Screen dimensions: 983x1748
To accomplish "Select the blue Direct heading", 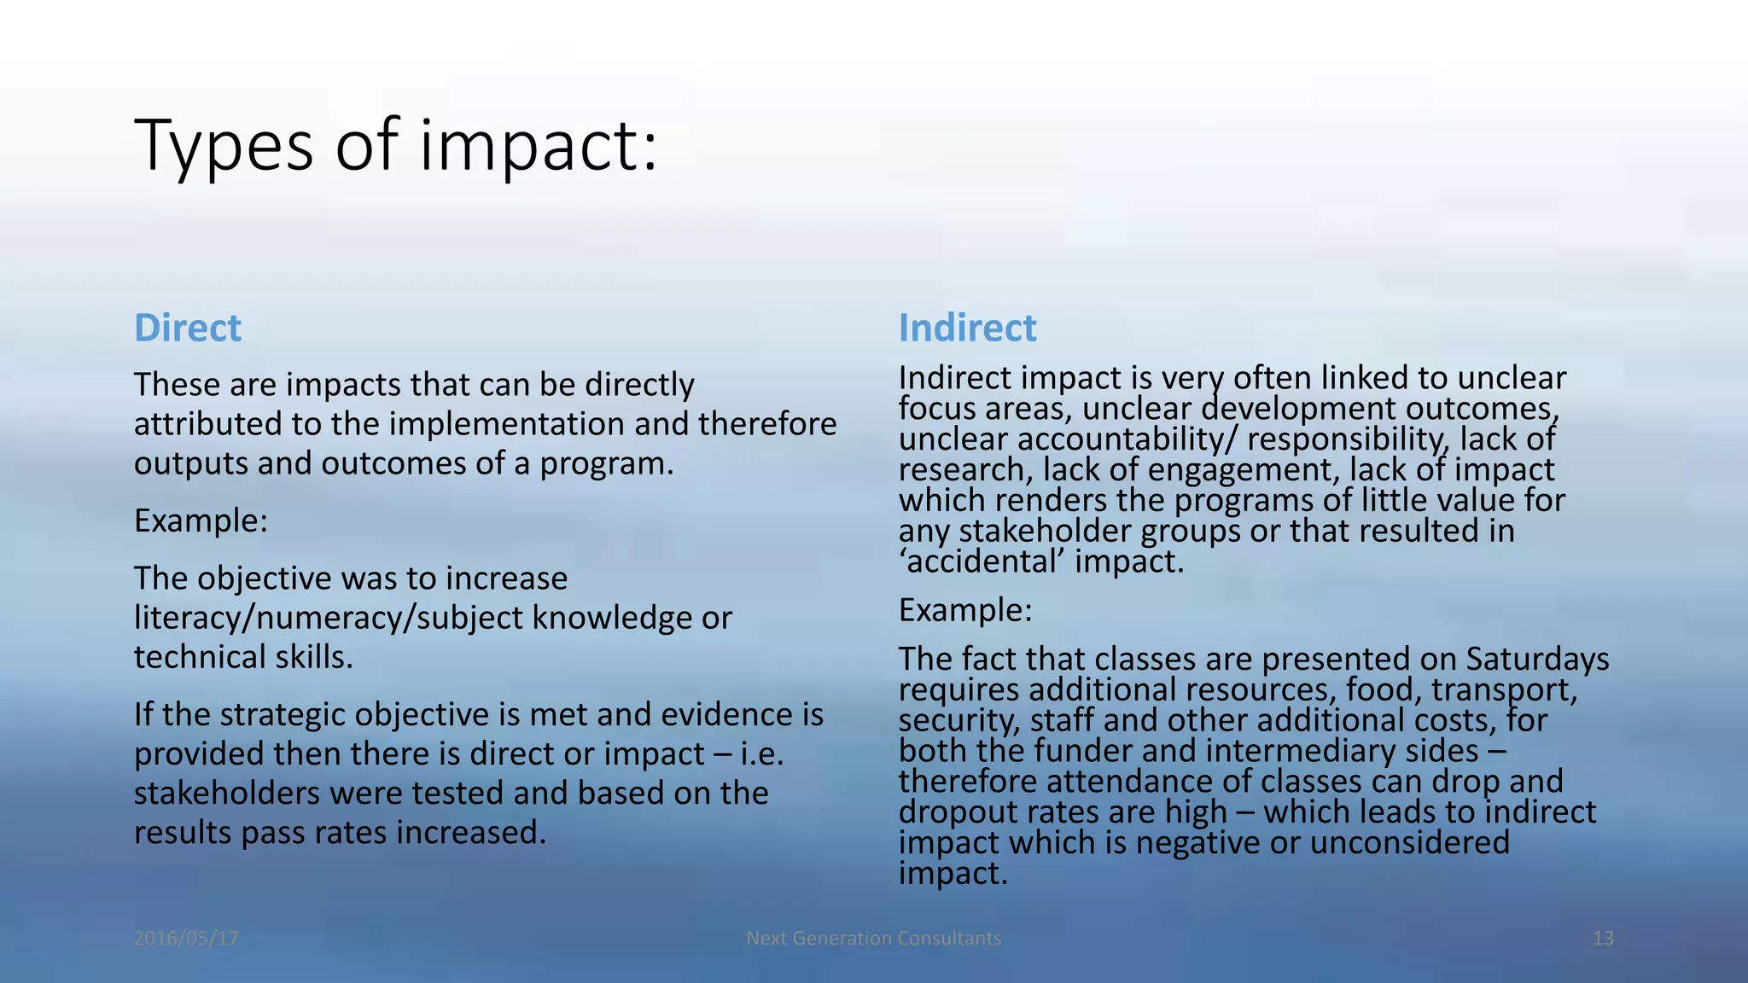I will click(x=188, y=329).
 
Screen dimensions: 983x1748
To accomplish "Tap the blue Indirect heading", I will click(x=967, y=329).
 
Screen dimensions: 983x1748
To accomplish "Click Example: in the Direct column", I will click(x=201, y=521).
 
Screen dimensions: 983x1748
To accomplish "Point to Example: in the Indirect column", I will click(x=965, y=610).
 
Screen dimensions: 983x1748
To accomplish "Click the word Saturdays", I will click(x=1537, y=659).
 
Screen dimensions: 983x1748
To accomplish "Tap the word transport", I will click(x=1504, y=689).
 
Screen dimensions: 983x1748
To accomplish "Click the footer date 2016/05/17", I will click(x=186, y=939).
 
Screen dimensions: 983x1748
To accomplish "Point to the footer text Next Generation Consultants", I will click(x=873, y=939).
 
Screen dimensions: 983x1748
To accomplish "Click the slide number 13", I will click(x=1602, y=939).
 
